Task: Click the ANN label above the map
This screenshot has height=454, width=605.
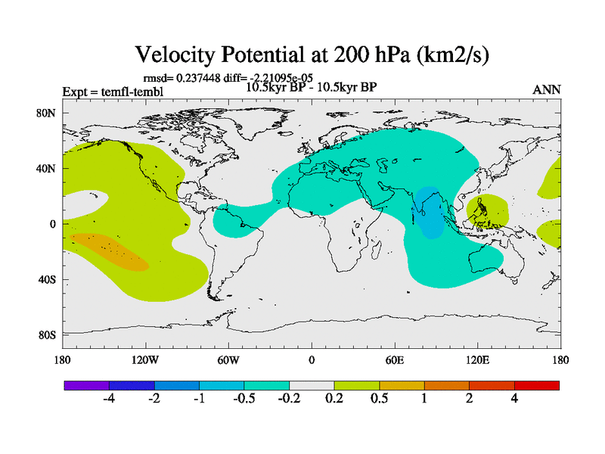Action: [547, 89]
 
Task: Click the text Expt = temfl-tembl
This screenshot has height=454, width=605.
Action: [113, 92]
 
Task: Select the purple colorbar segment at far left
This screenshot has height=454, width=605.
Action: [86, 385]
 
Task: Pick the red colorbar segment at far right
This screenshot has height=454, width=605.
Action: [537, 385]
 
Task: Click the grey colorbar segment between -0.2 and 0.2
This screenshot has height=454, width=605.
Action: [312, 385]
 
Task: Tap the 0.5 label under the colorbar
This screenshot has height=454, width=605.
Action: [379, 399]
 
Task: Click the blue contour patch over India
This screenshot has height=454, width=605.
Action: [429, 212]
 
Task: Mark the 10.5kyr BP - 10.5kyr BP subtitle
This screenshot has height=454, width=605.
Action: [312, 87]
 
